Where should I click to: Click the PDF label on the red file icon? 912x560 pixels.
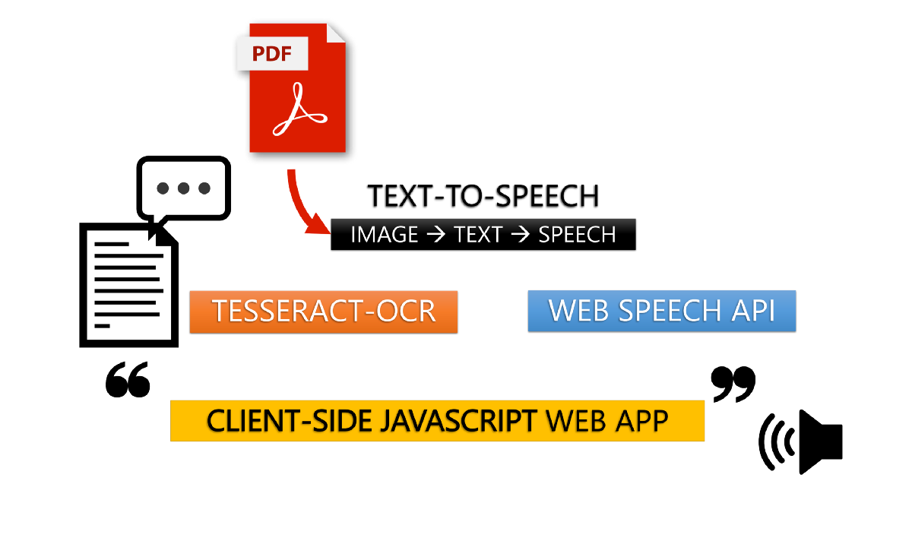pos(272,53)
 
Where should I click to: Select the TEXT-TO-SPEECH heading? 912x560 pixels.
pos(483,196)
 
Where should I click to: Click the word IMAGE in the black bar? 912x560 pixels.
pos(385,235)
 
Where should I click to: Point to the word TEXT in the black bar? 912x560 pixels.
pos(478,235)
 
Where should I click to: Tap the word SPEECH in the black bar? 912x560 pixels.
pos(577,235)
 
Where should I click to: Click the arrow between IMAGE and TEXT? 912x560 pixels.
pos(435,235)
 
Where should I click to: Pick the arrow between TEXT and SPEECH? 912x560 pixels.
pos(520,235)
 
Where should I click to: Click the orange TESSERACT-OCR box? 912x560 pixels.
pos(324,312)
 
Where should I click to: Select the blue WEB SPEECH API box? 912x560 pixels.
pos(662,311)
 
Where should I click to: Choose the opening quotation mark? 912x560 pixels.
pos(128,379)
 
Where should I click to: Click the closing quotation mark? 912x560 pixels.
pos(733,384)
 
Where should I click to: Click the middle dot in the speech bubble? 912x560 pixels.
pos(184,188)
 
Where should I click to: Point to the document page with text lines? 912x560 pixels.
pos(128,285)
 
